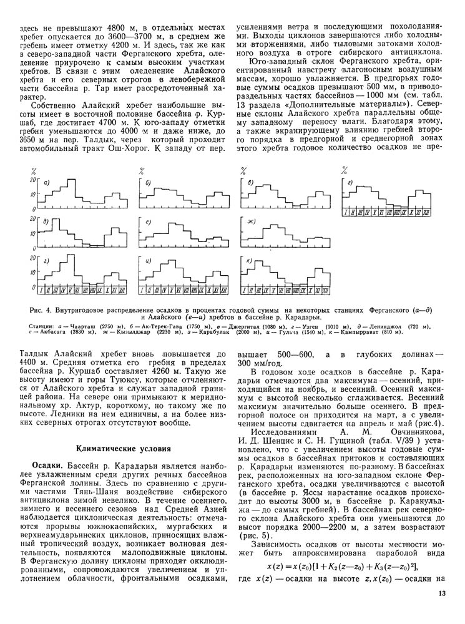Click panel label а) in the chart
(47, 182)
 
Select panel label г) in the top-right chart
(351, 183)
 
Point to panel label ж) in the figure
(252, 222)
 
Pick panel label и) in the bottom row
(149, 260)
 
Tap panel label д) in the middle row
(47, 222)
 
